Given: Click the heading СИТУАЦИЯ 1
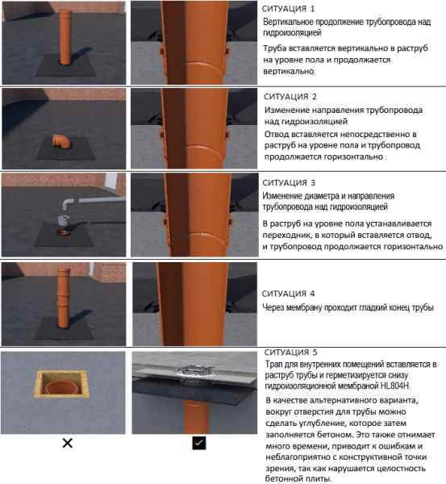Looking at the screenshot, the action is click(288, 9).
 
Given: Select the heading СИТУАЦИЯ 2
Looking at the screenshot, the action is click(290, 97).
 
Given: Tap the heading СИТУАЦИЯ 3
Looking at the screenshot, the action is click(289, 183).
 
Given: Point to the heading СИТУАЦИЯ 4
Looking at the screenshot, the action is click(288, 294).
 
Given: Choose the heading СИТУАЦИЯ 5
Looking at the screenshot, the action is click(291, 353).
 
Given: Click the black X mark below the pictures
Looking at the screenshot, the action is click(67, 443).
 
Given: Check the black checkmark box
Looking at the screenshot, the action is click(198, 443).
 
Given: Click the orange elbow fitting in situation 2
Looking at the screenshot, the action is click(61, 140).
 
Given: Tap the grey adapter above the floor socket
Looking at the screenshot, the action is click(64, 219).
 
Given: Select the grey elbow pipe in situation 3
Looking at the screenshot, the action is click(68, 204).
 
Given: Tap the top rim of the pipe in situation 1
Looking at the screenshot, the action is click(65, 12).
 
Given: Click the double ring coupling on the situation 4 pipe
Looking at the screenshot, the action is click(63, 298).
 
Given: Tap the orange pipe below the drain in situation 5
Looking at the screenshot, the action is click(194, 417).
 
